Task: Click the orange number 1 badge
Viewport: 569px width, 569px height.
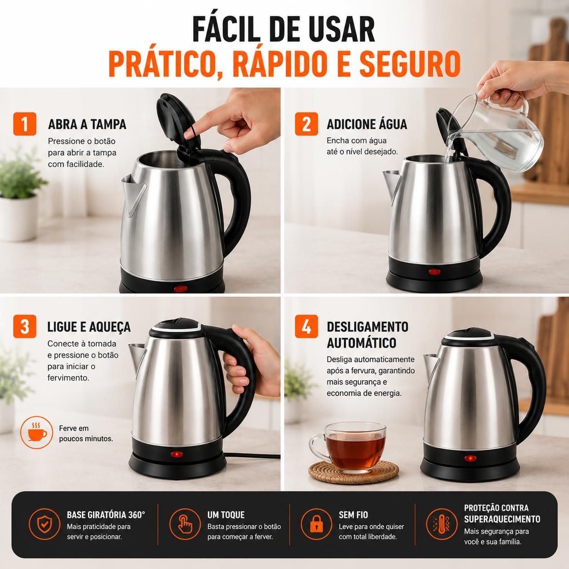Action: pos(25,124)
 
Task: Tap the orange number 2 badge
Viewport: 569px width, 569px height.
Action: pos(306,124)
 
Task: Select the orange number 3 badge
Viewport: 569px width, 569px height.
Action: pos(25,326)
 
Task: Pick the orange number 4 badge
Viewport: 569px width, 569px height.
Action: pos(306,326)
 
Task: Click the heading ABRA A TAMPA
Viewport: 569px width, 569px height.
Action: pos(87,124)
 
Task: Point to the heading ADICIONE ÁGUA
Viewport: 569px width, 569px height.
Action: pos(367,124)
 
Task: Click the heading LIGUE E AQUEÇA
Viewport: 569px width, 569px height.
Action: pos(89,327)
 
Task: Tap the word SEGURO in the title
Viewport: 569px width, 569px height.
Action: pos(410,64)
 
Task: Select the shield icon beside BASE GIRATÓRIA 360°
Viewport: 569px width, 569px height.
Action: pos(44,524)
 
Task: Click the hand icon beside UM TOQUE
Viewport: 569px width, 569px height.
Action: pos(185,524)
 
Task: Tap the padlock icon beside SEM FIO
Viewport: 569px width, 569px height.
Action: pos(316,524)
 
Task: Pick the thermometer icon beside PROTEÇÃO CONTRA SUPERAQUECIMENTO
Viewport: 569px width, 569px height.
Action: pos(442,524)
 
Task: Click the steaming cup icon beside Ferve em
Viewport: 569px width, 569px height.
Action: pos(37,432)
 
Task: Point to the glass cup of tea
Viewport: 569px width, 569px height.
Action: pos(348,446)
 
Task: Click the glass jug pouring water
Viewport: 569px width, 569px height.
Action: pos(496,133)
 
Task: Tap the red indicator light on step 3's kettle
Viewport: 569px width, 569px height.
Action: pos(177,454)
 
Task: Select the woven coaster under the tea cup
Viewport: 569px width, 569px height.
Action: pos(353,472)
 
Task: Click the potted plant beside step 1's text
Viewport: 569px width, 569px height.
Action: pos(19,195)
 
